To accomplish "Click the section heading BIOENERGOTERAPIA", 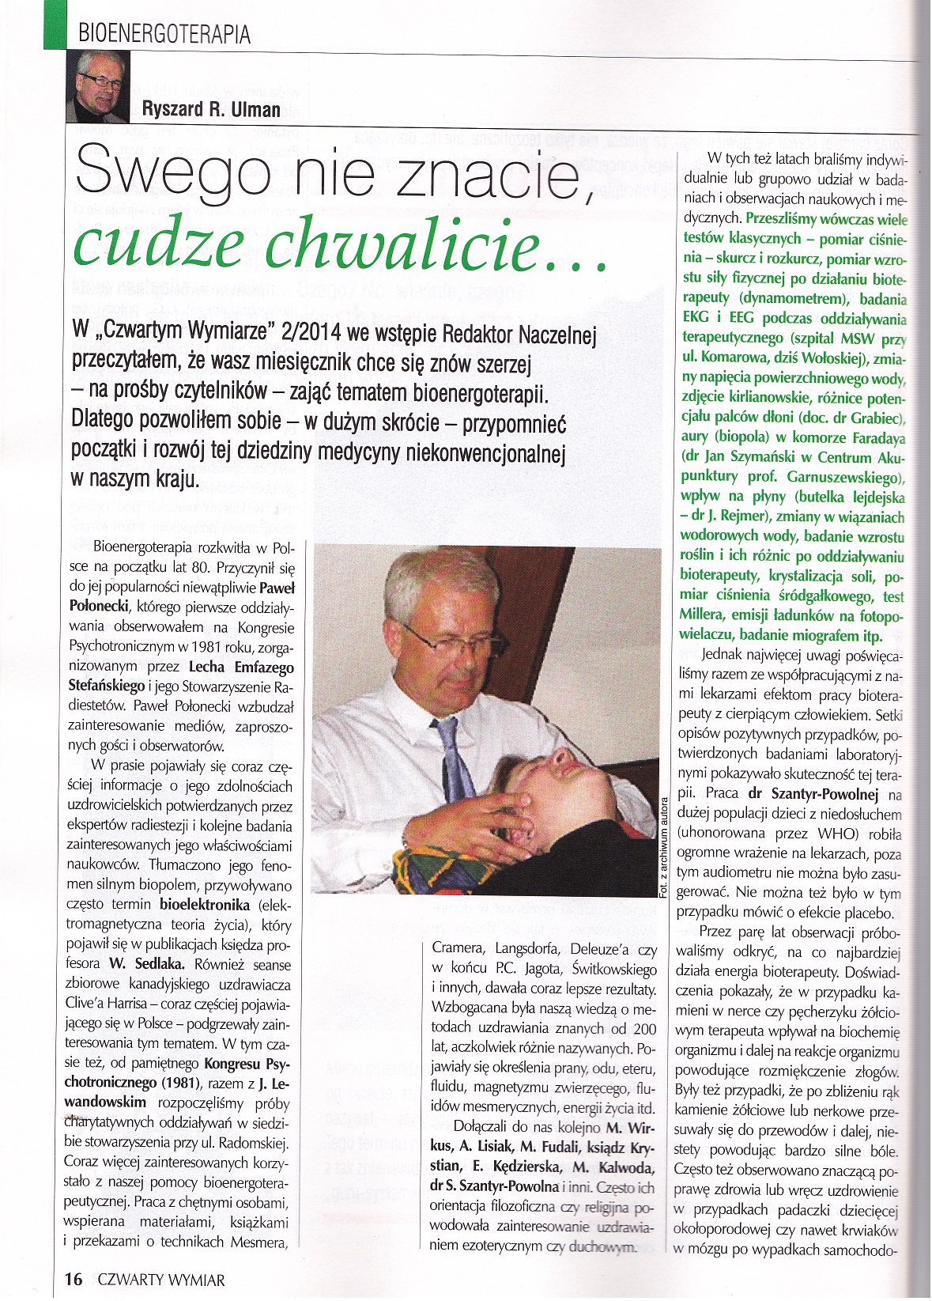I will [x=164, y=33].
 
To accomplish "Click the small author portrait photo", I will [x=97, y=85].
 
